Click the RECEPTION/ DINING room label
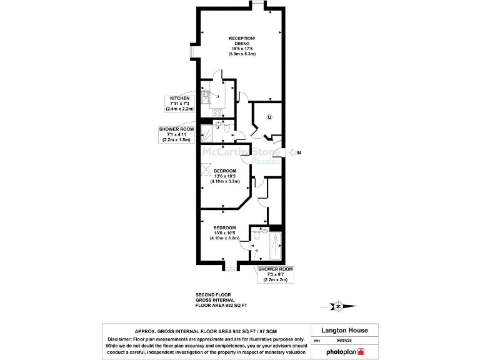(241, 41)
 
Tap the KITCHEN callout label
(179, 98)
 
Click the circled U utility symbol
(269, 117)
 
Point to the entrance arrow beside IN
(288, 152)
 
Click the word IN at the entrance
(299, 152)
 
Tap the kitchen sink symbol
(206, 97)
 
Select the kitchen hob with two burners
(217, 113)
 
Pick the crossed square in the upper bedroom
(206, 169)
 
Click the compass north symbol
(338, 306)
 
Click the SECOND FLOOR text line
(213, 294)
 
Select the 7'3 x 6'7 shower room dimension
(275, 274)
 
